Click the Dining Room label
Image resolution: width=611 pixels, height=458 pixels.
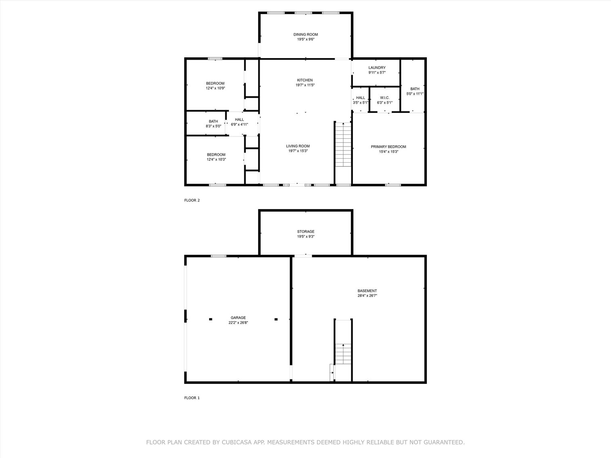pos(305,35)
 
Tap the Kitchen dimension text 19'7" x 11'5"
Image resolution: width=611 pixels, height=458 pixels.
pos(305,85)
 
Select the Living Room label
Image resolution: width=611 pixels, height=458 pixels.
pos(298,146)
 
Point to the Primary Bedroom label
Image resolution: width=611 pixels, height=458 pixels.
pos(388,147)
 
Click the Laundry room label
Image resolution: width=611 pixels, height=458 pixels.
pos(377,68)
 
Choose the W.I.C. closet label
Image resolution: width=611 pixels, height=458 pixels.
pos(384,98)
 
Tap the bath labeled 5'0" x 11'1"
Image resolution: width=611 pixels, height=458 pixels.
pos(415,91)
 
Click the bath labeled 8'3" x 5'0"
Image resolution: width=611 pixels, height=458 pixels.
pos(213,123)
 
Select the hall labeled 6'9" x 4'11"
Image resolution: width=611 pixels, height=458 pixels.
pos(239,122)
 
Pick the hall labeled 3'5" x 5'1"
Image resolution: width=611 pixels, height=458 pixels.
pos(360,100)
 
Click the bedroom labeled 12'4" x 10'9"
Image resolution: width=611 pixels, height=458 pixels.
pos(215,86)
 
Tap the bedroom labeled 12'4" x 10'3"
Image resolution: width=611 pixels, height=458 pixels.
pos(216,157)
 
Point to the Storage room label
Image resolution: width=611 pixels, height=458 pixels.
pos(306,232)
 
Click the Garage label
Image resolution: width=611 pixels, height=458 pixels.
pos(238,318)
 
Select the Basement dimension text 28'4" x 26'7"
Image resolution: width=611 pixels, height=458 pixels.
pos(367,295)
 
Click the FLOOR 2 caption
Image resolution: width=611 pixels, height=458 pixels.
pos(192,200)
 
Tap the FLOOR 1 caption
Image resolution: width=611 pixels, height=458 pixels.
pos(192,398)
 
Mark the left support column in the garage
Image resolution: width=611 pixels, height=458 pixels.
pos(210,319)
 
